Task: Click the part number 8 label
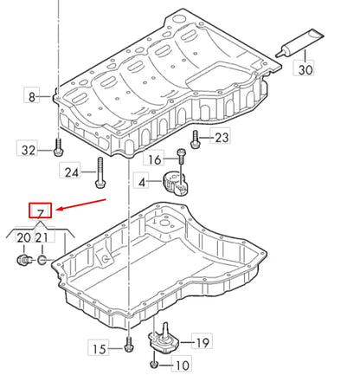(33, 96)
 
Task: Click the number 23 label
(222, 137)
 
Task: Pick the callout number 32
(29, 150)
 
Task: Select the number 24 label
(72, 172)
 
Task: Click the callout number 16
(154, 159)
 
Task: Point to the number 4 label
(142, 182)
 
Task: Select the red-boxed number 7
(41, 210)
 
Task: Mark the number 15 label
(100, 349)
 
